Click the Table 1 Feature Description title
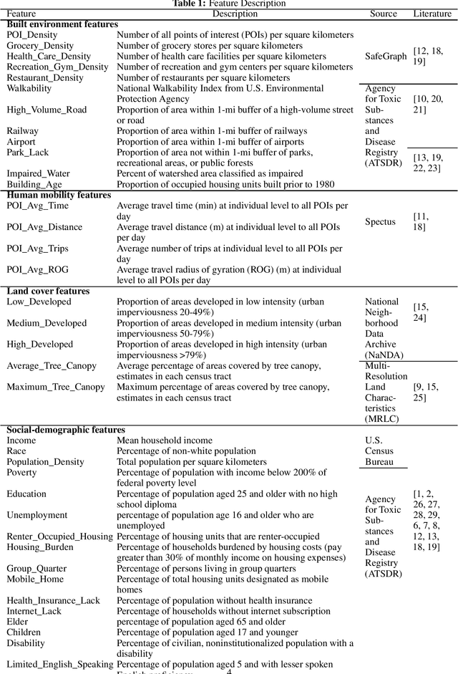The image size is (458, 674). pyautogui.click(x=229, y=4)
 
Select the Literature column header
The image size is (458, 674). pyautogui.click(x=432, y=14)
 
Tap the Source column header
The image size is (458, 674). pyautogui.click(x=384, y=14)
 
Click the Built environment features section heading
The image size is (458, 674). pyautogui.click(x=62, y=24)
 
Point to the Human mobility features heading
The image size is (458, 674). pyautogui.click(x=59, y=195)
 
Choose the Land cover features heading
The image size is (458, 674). pyautogui.click(x=48, y=291)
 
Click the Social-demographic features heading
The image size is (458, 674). pyautogui.click(x=66, y=430)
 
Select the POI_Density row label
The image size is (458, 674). pyautogui.click(x=32, y=35)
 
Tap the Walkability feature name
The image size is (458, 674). pyautogui.click(x=29, y=88)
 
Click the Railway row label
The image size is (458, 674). pyautogui.click(x=23, y=131)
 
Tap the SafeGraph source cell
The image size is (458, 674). pyautogui.click(x=384, y=56)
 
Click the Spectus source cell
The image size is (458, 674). pyautogui.click(x=380, y=221)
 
